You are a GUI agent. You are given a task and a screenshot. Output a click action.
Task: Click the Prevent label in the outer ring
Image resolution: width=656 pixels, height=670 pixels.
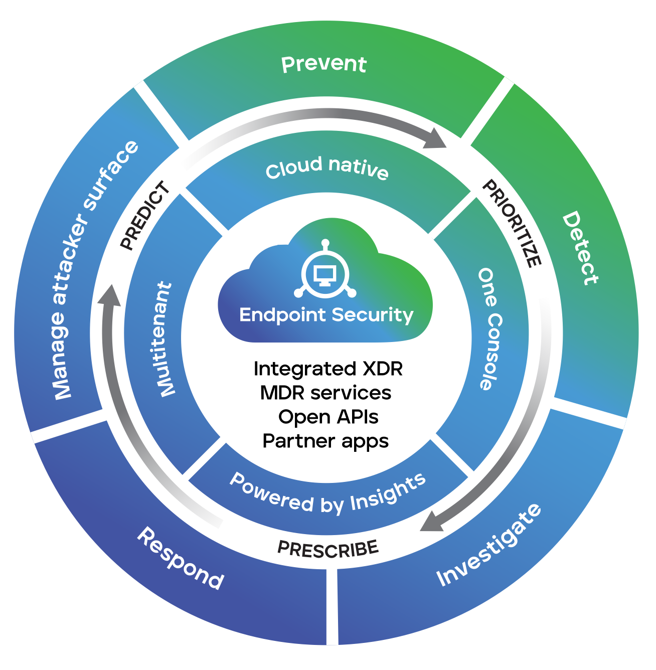click(x=324, y=64)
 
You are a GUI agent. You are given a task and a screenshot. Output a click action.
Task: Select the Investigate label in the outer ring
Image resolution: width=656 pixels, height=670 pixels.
click(x=489, y=545)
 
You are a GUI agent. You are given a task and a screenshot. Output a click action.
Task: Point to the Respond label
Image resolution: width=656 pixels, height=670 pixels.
click(x=181, y=558)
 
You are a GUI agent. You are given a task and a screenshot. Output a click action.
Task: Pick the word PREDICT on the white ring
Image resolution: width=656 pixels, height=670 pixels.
click(x=145, y=216)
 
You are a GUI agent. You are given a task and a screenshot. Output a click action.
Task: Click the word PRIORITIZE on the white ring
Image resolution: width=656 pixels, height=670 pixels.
click(x=512, y=223)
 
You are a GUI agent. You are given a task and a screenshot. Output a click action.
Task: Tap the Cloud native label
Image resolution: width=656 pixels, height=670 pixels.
click(x=327, y=167)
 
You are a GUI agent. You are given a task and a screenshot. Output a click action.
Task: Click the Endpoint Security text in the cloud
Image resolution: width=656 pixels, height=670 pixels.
click(x=326, y=315)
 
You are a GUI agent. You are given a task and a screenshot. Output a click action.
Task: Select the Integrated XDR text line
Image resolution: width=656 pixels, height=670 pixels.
click(x=328, y=369)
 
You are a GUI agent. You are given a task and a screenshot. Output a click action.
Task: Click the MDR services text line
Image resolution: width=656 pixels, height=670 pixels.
click(x=325, y=393)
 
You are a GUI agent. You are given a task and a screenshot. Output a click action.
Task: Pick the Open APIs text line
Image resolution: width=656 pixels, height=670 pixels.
click(x=328, y=417)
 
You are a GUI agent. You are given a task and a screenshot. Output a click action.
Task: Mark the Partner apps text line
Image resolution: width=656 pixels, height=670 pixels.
click(x=325, y=441)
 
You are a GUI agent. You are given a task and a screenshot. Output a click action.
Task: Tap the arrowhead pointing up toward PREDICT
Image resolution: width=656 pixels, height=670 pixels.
click(x=109, y=296)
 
